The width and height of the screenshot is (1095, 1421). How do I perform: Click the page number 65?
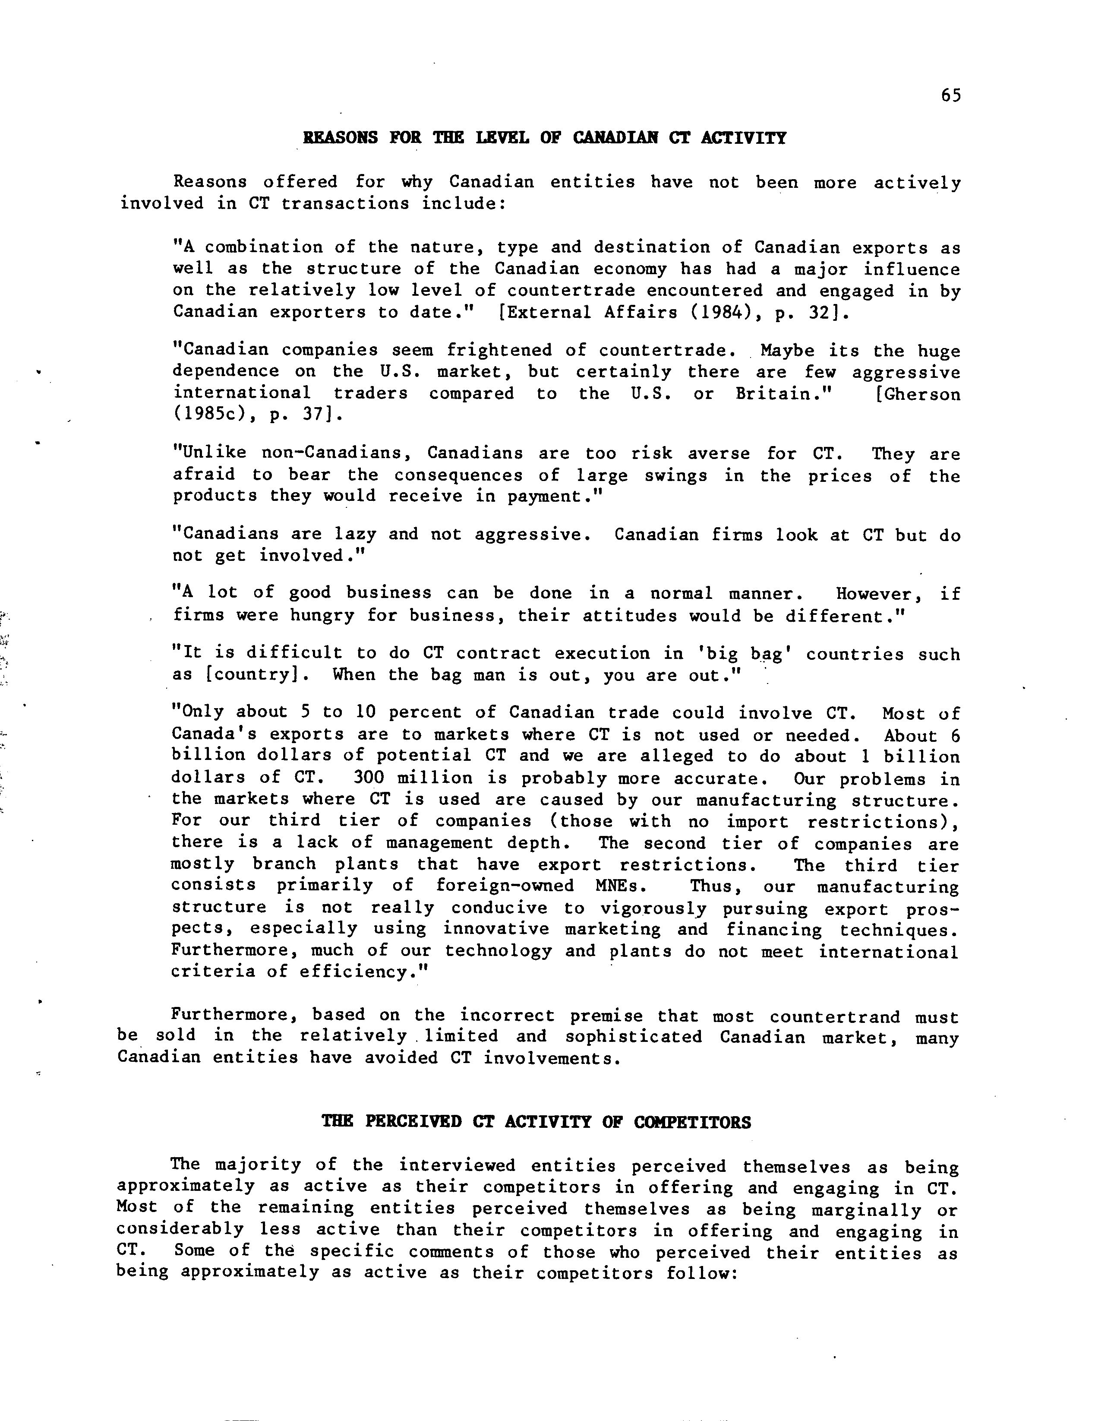pos(950,96)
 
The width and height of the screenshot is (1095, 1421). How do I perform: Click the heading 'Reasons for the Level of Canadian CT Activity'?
pos(545,138)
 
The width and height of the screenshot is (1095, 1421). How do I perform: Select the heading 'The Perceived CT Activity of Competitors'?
pos(536,1122)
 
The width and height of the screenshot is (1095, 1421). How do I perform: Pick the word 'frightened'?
pos(499,350)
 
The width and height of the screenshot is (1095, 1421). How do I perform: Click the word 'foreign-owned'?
pos(505,886)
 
